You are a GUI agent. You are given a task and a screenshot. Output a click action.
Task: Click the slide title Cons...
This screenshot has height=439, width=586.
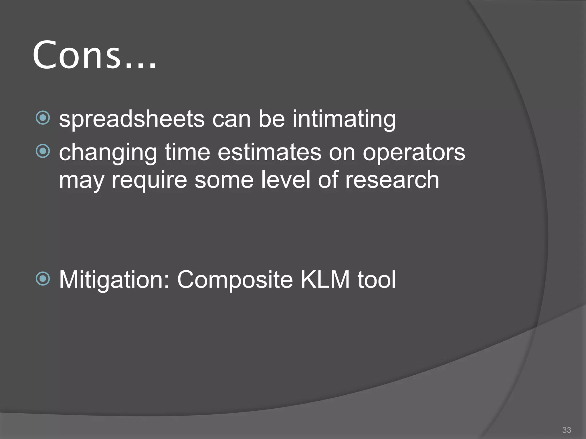pos(94,55)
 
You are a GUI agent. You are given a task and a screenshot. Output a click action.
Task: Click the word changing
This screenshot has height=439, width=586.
pos(108,153)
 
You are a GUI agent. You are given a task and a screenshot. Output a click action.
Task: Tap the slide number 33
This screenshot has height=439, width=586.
pos(567,430)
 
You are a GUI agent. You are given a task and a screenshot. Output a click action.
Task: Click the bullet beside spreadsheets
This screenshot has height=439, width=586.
pos(43,117)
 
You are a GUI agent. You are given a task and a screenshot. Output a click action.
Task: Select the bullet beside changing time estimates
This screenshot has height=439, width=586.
pos(43,151)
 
